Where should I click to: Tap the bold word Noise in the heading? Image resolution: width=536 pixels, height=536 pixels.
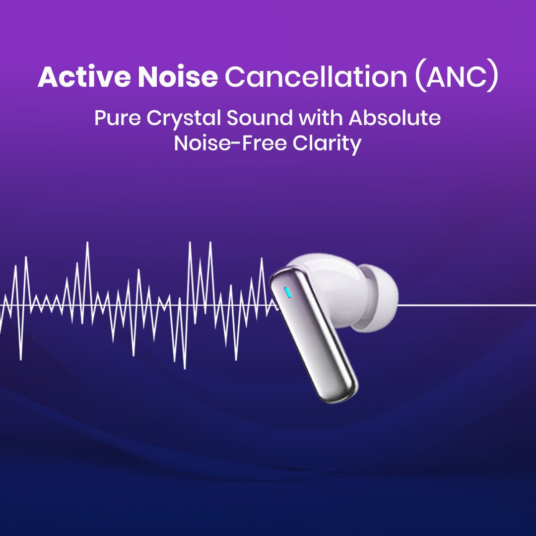pos(177,77)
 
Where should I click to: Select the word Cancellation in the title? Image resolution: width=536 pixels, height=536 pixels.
pos(316,77)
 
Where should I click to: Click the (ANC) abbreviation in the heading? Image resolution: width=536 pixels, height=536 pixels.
pos(456,78)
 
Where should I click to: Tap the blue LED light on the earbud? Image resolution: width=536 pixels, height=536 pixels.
pos(287,294)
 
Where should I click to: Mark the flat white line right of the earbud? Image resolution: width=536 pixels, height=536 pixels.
pos(467,305)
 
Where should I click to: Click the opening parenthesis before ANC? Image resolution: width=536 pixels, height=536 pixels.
pos(419,78)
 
